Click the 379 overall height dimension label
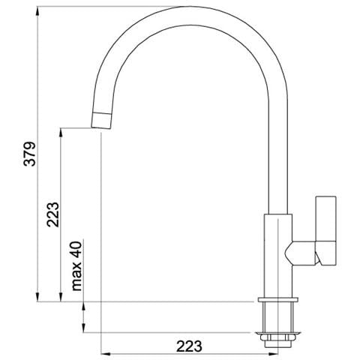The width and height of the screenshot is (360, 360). (30, 154)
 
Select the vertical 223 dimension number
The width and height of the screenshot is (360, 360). (53, 214)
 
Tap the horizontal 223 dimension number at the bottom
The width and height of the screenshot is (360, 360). (189, 346)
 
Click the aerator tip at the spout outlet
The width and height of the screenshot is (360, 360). (101, 121)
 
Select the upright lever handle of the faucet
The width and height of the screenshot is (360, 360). (325, 230)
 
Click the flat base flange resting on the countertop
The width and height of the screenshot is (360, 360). (278, 299)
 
